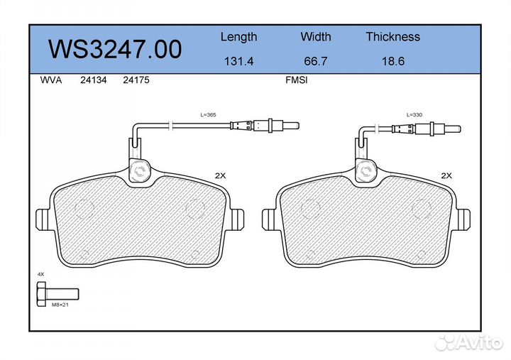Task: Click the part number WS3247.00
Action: [x=115, y=49]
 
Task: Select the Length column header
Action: [x=239, y=37]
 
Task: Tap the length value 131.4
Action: [x=239, y=61]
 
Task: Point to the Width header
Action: [x=315, y=36]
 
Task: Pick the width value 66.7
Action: [x=315, y=61]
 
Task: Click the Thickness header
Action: [x=392, y=36]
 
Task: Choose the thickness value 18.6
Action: [x=393, y=61]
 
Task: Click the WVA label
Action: [x=51, y=80]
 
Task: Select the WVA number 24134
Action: [x=93, y=80]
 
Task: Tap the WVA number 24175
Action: [x=136, y=80]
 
